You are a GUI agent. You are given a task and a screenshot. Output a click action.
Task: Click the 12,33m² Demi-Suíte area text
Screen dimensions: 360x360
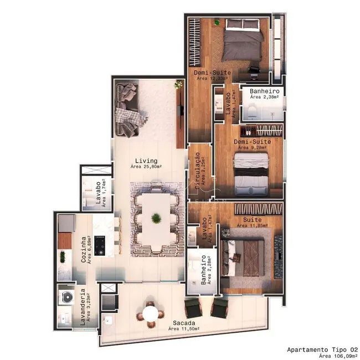[x=209, y=79]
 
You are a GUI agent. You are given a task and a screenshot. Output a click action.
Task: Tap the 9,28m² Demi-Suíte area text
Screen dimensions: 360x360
[x=252, y=148]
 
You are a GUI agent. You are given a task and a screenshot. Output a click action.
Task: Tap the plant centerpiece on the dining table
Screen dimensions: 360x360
[x=157, y=217]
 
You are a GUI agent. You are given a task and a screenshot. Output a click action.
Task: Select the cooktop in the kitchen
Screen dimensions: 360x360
[x=101, y=245]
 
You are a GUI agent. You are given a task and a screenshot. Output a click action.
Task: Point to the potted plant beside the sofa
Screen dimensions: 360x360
[x=178, y=85]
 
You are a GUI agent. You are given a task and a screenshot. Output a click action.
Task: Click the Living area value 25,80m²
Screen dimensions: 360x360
[x=146, y=166]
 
